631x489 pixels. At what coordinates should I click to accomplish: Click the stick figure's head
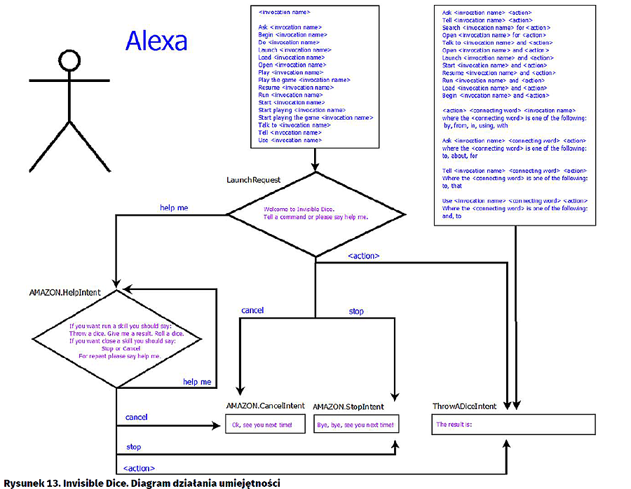coord(69,62)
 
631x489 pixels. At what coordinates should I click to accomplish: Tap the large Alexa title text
coord(156,41)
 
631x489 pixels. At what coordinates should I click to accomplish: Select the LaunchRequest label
coord(254,180)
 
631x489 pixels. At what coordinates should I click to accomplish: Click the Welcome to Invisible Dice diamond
coord(315,213)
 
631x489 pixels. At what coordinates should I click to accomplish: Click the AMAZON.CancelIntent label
coord(266,406)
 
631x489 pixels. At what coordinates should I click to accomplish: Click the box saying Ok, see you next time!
coord(259,425)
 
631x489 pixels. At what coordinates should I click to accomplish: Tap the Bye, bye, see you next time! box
coord(355,425)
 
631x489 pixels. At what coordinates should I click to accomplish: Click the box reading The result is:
coord(513,425)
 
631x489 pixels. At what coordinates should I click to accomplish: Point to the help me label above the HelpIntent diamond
coord(175,207)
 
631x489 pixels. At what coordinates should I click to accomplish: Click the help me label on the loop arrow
coord(197,382)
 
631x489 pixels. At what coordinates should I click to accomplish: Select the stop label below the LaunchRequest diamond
coord(356,311)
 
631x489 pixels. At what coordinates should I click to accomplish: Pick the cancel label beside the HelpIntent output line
coord(137,418)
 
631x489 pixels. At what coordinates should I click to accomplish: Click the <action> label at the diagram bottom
coord(139,468)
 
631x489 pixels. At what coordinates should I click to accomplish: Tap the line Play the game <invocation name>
coord(304,80)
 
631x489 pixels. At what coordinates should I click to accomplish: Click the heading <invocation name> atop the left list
coord(284,12)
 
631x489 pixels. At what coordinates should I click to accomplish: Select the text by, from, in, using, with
coord(475,125)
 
